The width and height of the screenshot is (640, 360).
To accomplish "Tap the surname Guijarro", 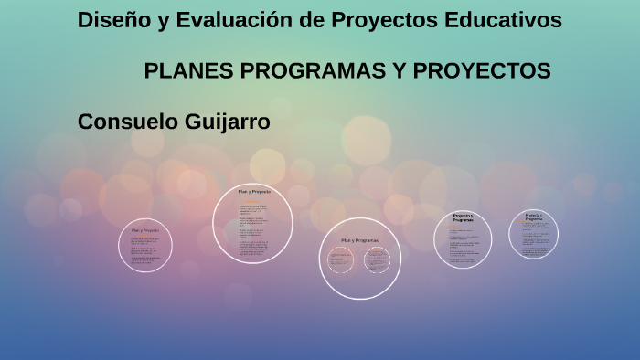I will pos(227,122).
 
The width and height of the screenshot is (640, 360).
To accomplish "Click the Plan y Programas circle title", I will pos(359,239).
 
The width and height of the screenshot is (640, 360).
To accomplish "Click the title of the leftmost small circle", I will pos(144,230).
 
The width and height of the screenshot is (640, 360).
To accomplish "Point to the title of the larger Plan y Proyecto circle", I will pos(253,192).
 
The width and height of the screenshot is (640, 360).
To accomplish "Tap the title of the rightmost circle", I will pos(534,217).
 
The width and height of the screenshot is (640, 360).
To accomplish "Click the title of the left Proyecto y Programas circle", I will pos(463,218).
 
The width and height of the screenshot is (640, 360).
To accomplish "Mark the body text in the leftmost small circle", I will pos(144,251).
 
